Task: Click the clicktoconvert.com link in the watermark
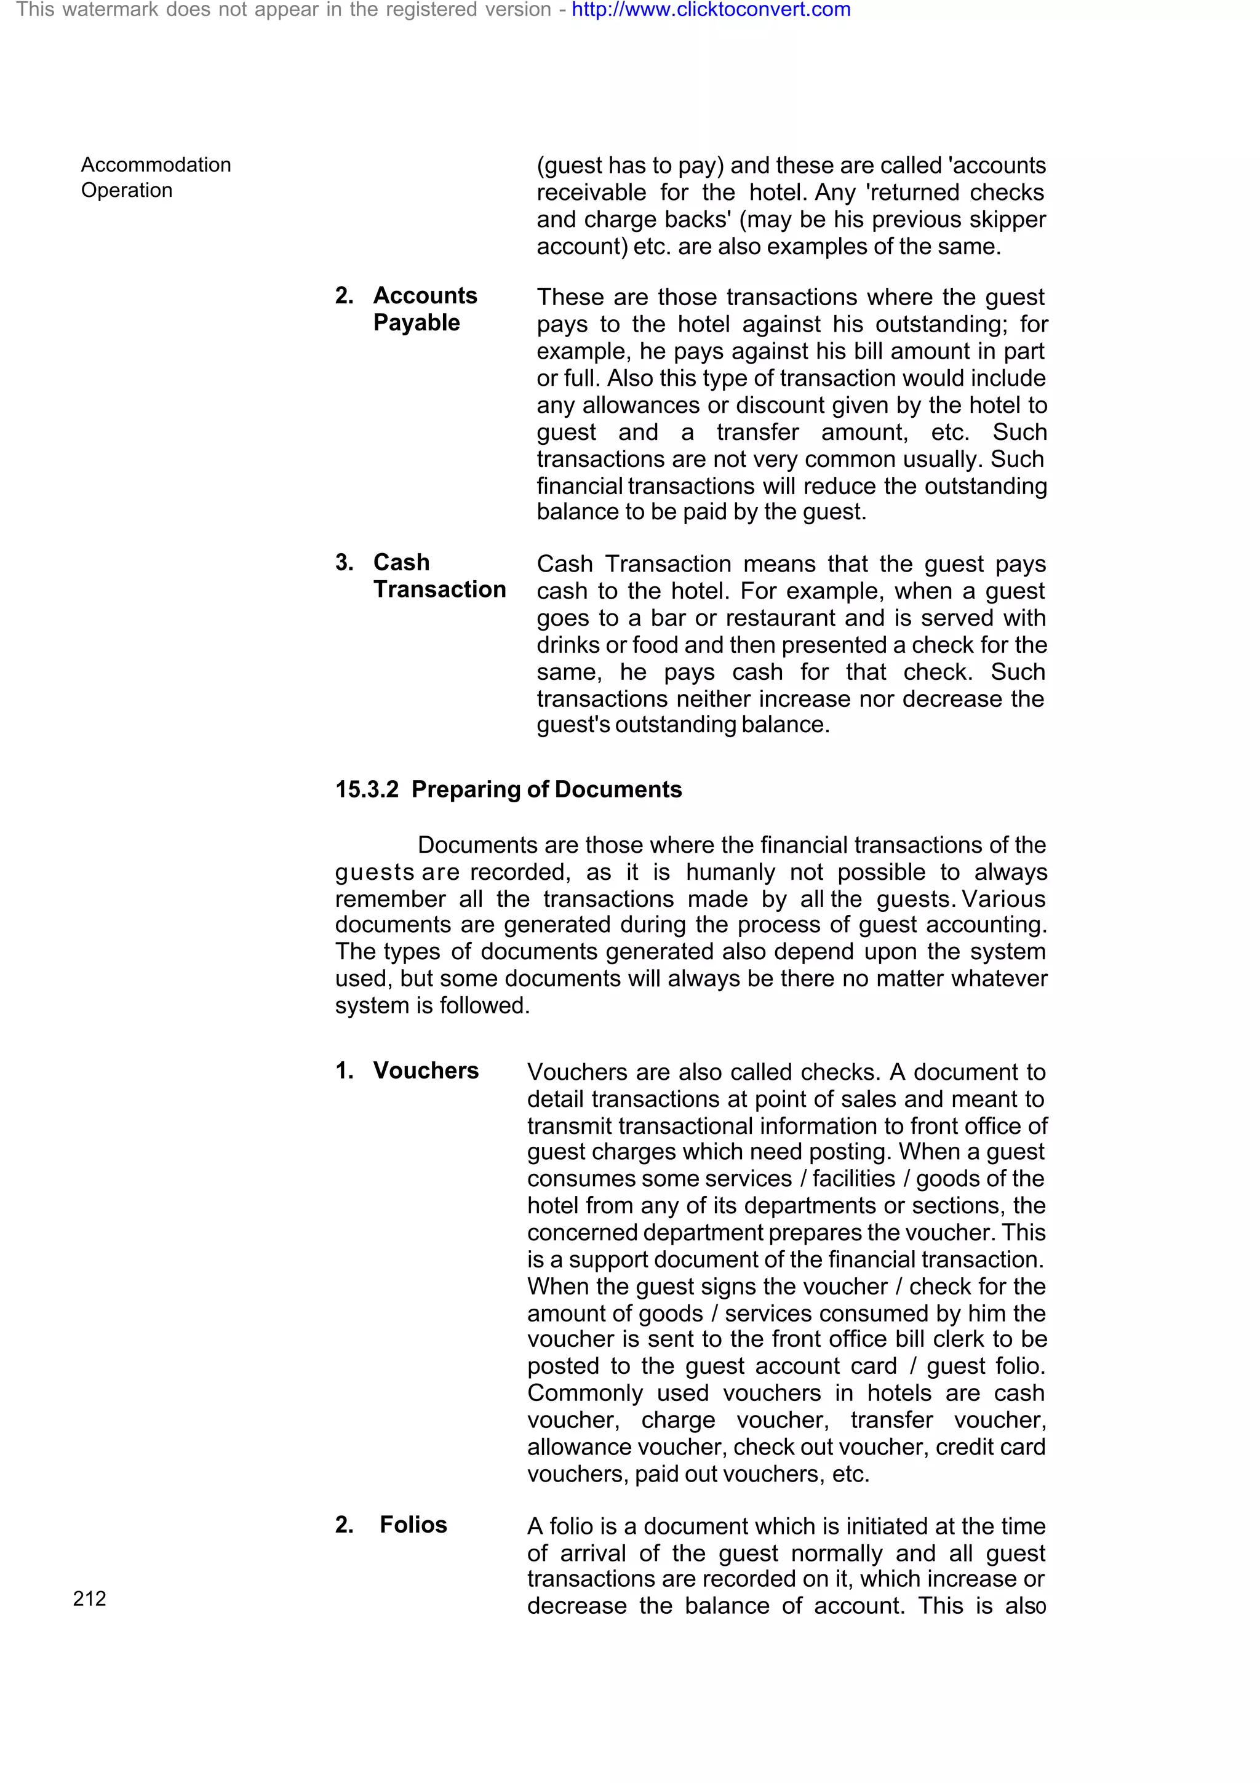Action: pos(711,10)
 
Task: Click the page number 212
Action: pos(89,1598)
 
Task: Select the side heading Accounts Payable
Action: pos(424,308)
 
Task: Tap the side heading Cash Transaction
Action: pos(439,575)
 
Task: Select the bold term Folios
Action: pos(413,1525)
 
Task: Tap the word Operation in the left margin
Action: pos(127,190)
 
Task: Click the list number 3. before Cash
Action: pos(344,562)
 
